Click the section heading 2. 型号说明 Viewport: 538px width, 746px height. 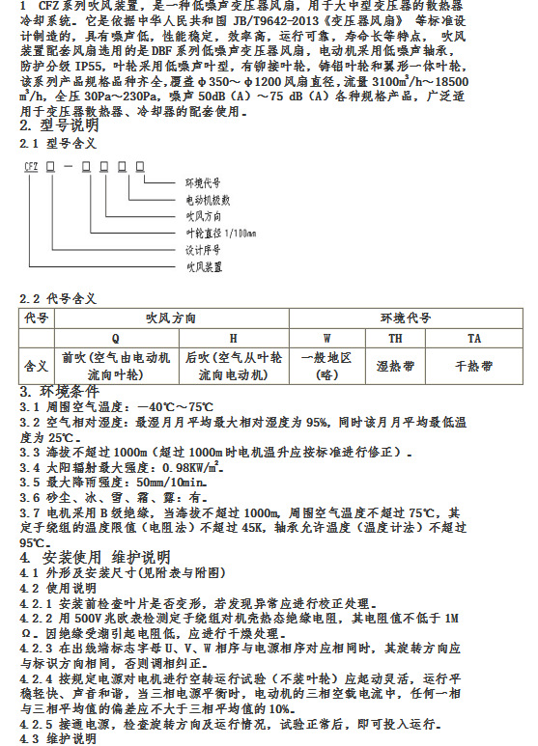click(x=59, y=126)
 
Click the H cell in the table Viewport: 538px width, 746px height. click(x=232, y=339)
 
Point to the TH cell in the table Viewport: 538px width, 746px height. click(x=396, y=339)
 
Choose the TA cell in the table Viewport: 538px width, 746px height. click(x=474, y=339)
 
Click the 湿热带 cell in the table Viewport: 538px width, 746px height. click(x=396, y=367)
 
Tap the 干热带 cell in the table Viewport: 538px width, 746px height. click(x=474, y=367)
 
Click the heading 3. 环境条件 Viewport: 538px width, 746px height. click(x=60, y=392)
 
